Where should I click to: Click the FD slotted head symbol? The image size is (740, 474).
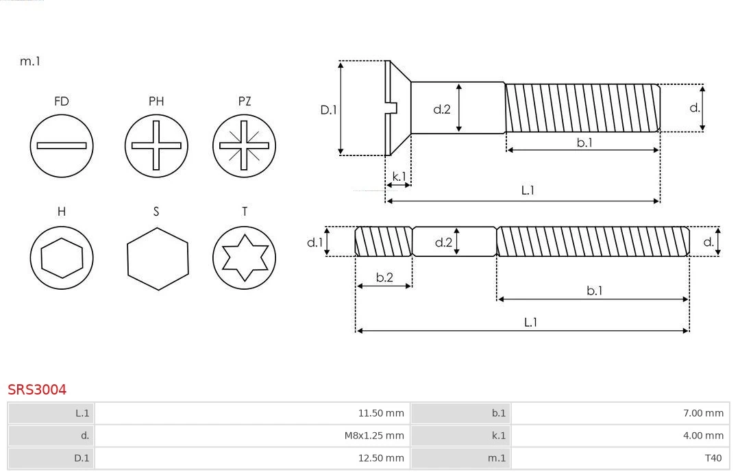pos(62,145)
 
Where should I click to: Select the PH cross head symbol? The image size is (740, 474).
pos(156,145)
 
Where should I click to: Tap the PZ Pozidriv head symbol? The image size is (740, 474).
pos(245,145)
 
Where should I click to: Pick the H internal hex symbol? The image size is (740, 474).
pos(62,258)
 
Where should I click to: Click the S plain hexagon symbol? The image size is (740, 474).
pos(157,258)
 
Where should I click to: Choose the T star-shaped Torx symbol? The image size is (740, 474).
pos(245,258)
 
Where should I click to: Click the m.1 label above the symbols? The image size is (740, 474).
pos(30,61)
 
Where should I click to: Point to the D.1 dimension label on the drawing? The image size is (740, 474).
pos(330,109)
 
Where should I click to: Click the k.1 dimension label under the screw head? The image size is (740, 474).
pos(398,176)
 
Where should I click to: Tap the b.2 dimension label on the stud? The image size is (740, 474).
pos(384,277)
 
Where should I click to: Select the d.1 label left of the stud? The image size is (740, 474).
pos(314,242)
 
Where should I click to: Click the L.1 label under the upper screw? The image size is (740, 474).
pos(528,190)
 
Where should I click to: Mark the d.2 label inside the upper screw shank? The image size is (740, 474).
pos(442,108)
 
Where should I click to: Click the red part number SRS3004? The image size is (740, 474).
pos(37,390)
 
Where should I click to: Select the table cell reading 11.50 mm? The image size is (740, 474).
pos(381,413)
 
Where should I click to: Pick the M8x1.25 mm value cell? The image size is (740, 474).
pos(373,436)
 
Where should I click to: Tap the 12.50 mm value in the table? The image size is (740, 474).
pos(381,458)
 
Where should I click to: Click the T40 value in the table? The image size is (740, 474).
pos(713,458)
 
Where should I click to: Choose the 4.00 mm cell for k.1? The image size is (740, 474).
pos(704,436)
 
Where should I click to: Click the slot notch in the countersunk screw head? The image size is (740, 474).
pos(393,108)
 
